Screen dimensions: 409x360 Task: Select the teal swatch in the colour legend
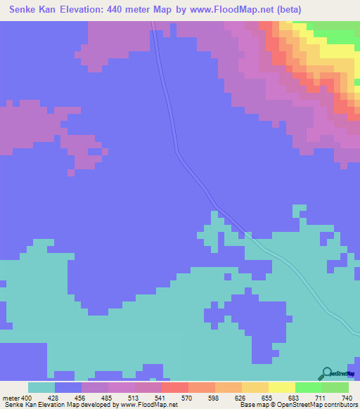tap(41, 387)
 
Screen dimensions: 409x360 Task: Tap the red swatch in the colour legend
tap(174, 387)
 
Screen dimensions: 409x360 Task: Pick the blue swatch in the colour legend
tap(68, 387)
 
